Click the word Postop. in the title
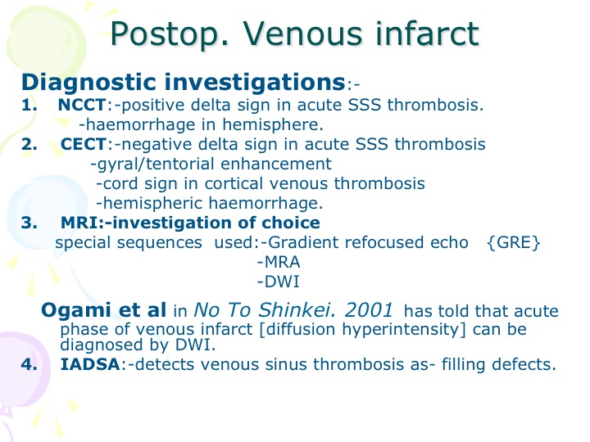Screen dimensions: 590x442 pos(170,35)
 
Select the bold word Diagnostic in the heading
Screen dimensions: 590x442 pos(88,83)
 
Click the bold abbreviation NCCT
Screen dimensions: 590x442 pos(82,105)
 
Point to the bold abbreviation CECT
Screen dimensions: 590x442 pos(84,144)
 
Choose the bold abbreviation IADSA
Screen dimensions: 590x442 pos(90,364)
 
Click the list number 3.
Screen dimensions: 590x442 pos(29,223)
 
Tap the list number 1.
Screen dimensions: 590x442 pos(29,105)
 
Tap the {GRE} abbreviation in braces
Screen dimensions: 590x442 pos(513,243)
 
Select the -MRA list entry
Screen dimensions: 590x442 pos(279,263)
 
